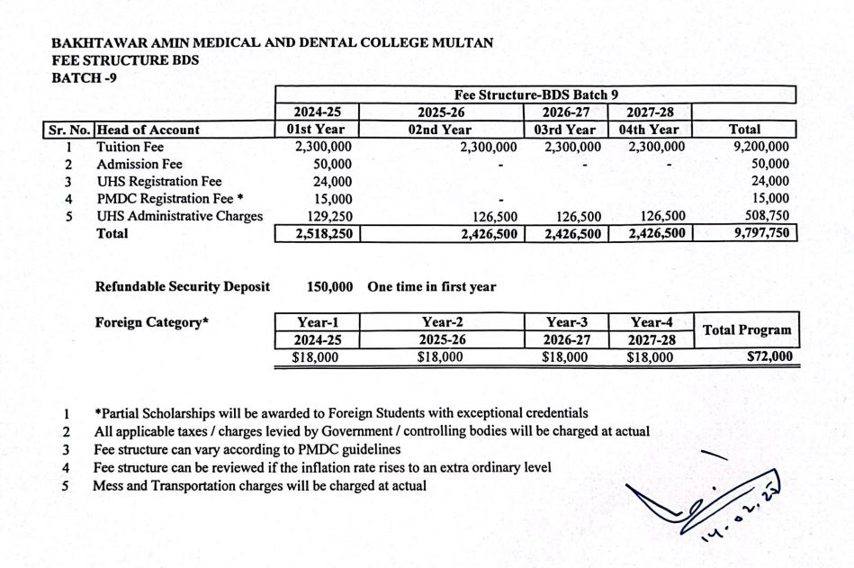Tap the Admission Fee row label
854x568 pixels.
tap(139, 164)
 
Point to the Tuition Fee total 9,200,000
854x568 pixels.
tap(760, 147)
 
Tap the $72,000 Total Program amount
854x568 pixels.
tap(769, 357)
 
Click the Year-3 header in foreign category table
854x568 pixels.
tap(564, 322)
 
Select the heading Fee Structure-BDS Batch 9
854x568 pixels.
tap(536, 95)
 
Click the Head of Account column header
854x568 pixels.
tap(148, 130)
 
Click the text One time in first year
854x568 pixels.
tap(431, 287)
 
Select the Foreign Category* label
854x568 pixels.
tap(152, 321)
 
